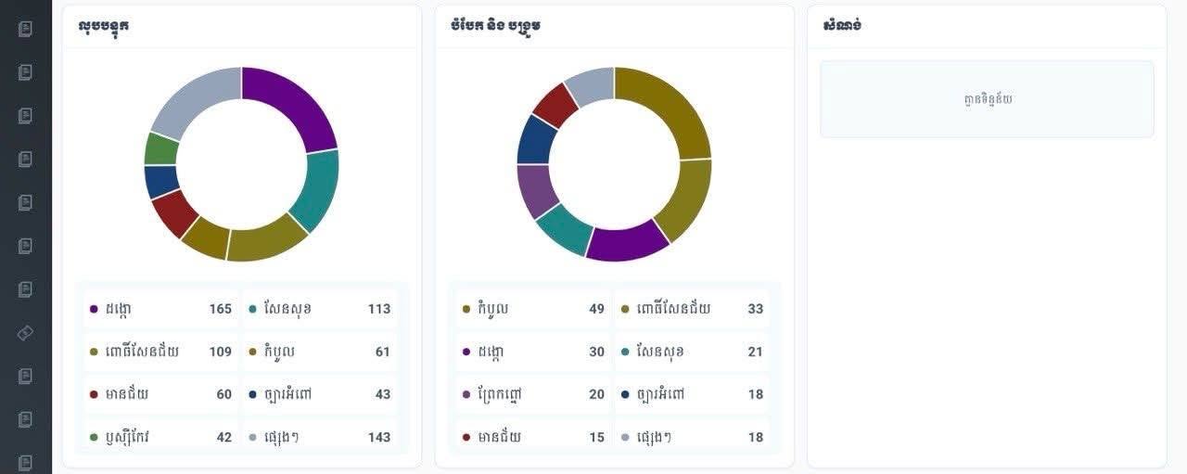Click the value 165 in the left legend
click(x=221, y=309)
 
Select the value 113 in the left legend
click(x=379, y=309)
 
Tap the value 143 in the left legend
click(x=379, y=437)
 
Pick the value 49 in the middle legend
click(x=596, y=309)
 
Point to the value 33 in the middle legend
click(x=756, y=309)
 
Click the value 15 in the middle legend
click(x=596, y=437)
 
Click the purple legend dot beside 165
click(x=94, y=309)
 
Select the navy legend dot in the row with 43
click(x=253, y=394)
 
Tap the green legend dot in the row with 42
click(x=94, y=438)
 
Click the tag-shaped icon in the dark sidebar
click(x=25, y=333)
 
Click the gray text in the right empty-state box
click(x=988, y=99)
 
